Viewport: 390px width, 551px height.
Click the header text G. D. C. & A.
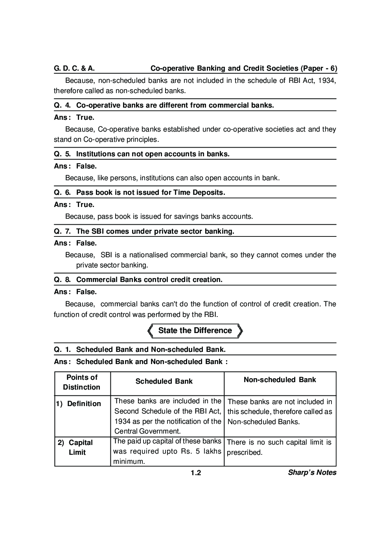74,68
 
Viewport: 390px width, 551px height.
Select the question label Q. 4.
62,105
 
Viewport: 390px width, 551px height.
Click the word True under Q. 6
85,205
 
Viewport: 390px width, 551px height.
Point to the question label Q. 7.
62,231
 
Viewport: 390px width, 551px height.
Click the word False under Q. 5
86,166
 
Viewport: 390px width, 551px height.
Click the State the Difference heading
195,331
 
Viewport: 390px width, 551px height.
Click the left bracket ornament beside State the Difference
150,331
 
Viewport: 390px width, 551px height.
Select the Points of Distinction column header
82,383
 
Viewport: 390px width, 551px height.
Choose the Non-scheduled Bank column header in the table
280,380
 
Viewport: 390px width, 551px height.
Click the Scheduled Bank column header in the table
164,381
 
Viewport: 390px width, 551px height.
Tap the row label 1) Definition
78,404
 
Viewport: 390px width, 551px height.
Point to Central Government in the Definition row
147,431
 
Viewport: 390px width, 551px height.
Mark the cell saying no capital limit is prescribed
279,447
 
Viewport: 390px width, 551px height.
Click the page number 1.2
196,473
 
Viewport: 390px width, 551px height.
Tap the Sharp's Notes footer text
312,473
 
